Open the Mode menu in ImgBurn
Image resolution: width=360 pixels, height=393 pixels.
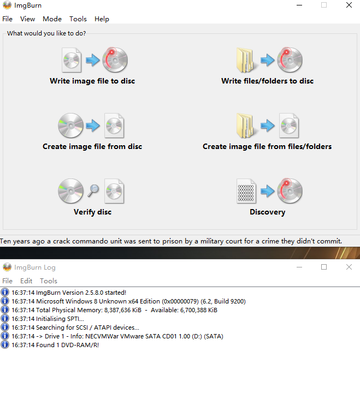52,19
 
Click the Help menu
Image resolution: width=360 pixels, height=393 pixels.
102,19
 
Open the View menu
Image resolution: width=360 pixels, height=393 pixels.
28,19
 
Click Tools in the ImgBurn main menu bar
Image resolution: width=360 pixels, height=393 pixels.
78,19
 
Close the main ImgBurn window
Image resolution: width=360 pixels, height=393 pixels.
349,5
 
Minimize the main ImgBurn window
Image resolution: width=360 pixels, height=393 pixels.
299,5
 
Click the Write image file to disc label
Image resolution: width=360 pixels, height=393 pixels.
92,81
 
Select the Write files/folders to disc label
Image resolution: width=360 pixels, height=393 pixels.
268,81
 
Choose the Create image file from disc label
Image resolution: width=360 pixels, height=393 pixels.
92,146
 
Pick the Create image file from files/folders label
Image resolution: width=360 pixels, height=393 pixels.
267,146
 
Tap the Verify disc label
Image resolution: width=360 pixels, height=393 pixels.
92,212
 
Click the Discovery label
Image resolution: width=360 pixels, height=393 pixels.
268,212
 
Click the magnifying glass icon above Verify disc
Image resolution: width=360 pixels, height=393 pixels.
93,190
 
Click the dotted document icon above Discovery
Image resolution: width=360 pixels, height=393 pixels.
246,191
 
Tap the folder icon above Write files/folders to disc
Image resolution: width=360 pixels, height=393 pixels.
246,60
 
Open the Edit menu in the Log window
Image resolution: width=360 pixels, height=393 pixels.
26,281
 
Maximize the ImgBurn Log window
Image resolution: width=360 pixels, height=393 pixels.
324,267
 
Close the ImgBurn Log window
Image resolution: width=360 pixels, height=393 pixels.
349,267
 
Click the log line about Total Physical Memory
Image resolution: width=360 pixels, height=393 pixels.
114,310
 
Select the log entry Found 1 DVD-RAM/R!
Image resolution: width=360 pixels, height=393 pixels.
55,345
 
